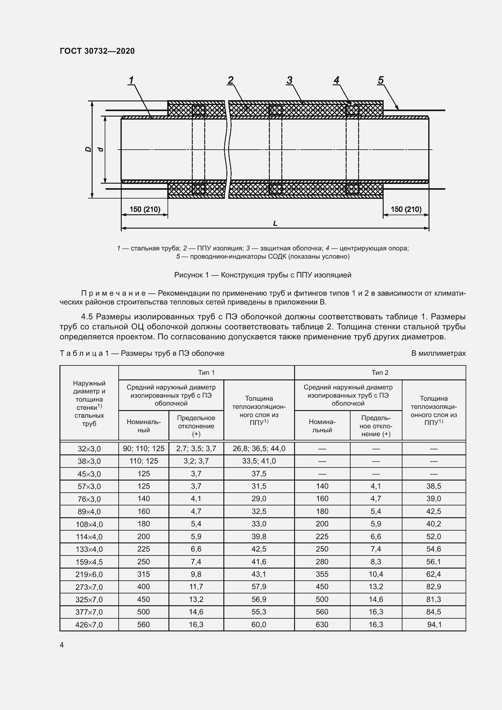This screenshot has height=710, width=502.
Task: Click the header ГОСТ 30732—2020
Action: coord(97,51)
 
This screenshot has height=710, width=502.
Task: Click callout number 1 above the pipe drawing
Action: coord(131,80)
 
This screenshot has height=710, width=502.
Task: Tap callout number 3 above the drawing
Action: coord(289,80)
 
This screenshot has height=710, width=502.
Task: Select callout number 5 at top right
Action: coord(381,80)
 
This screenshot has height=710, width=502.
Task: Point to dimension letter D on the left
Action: coord(88,149)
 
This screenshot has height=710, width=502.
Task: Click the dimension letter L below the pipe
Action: coord(275,223)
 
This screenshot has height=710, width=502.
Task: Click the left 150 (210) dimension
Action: coord(145,209)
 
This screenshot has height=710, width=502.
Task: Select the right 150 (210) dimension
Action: coord(406,209)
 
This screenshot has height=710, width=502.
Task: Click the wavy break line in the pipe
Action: coord(228,149)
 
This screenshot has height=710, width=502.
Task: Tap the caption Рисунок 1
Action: coord(263,275)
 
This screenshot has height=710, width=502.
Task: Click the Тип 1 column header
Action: coord(206,373)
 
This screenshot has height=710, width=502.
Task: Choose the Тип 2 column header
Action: coord(380,373)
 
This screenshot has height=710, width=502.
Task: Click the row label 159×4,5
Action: coord(89,562)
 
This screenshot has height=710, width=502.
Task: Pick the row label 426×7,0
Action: coord(89,625)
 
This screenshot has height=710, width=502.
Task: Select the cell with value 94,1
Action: coord(434,625)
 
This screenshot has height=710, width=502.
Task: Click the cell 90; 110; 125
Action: coord(144,448)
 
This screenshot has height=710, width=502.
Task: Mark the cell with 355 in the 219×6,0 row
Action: coord(322,574)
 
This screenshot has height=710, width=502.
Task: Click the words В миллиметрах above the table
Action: coord(438,353)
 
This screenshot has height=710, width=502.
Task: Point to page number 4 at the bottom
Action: coord(62,645)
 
